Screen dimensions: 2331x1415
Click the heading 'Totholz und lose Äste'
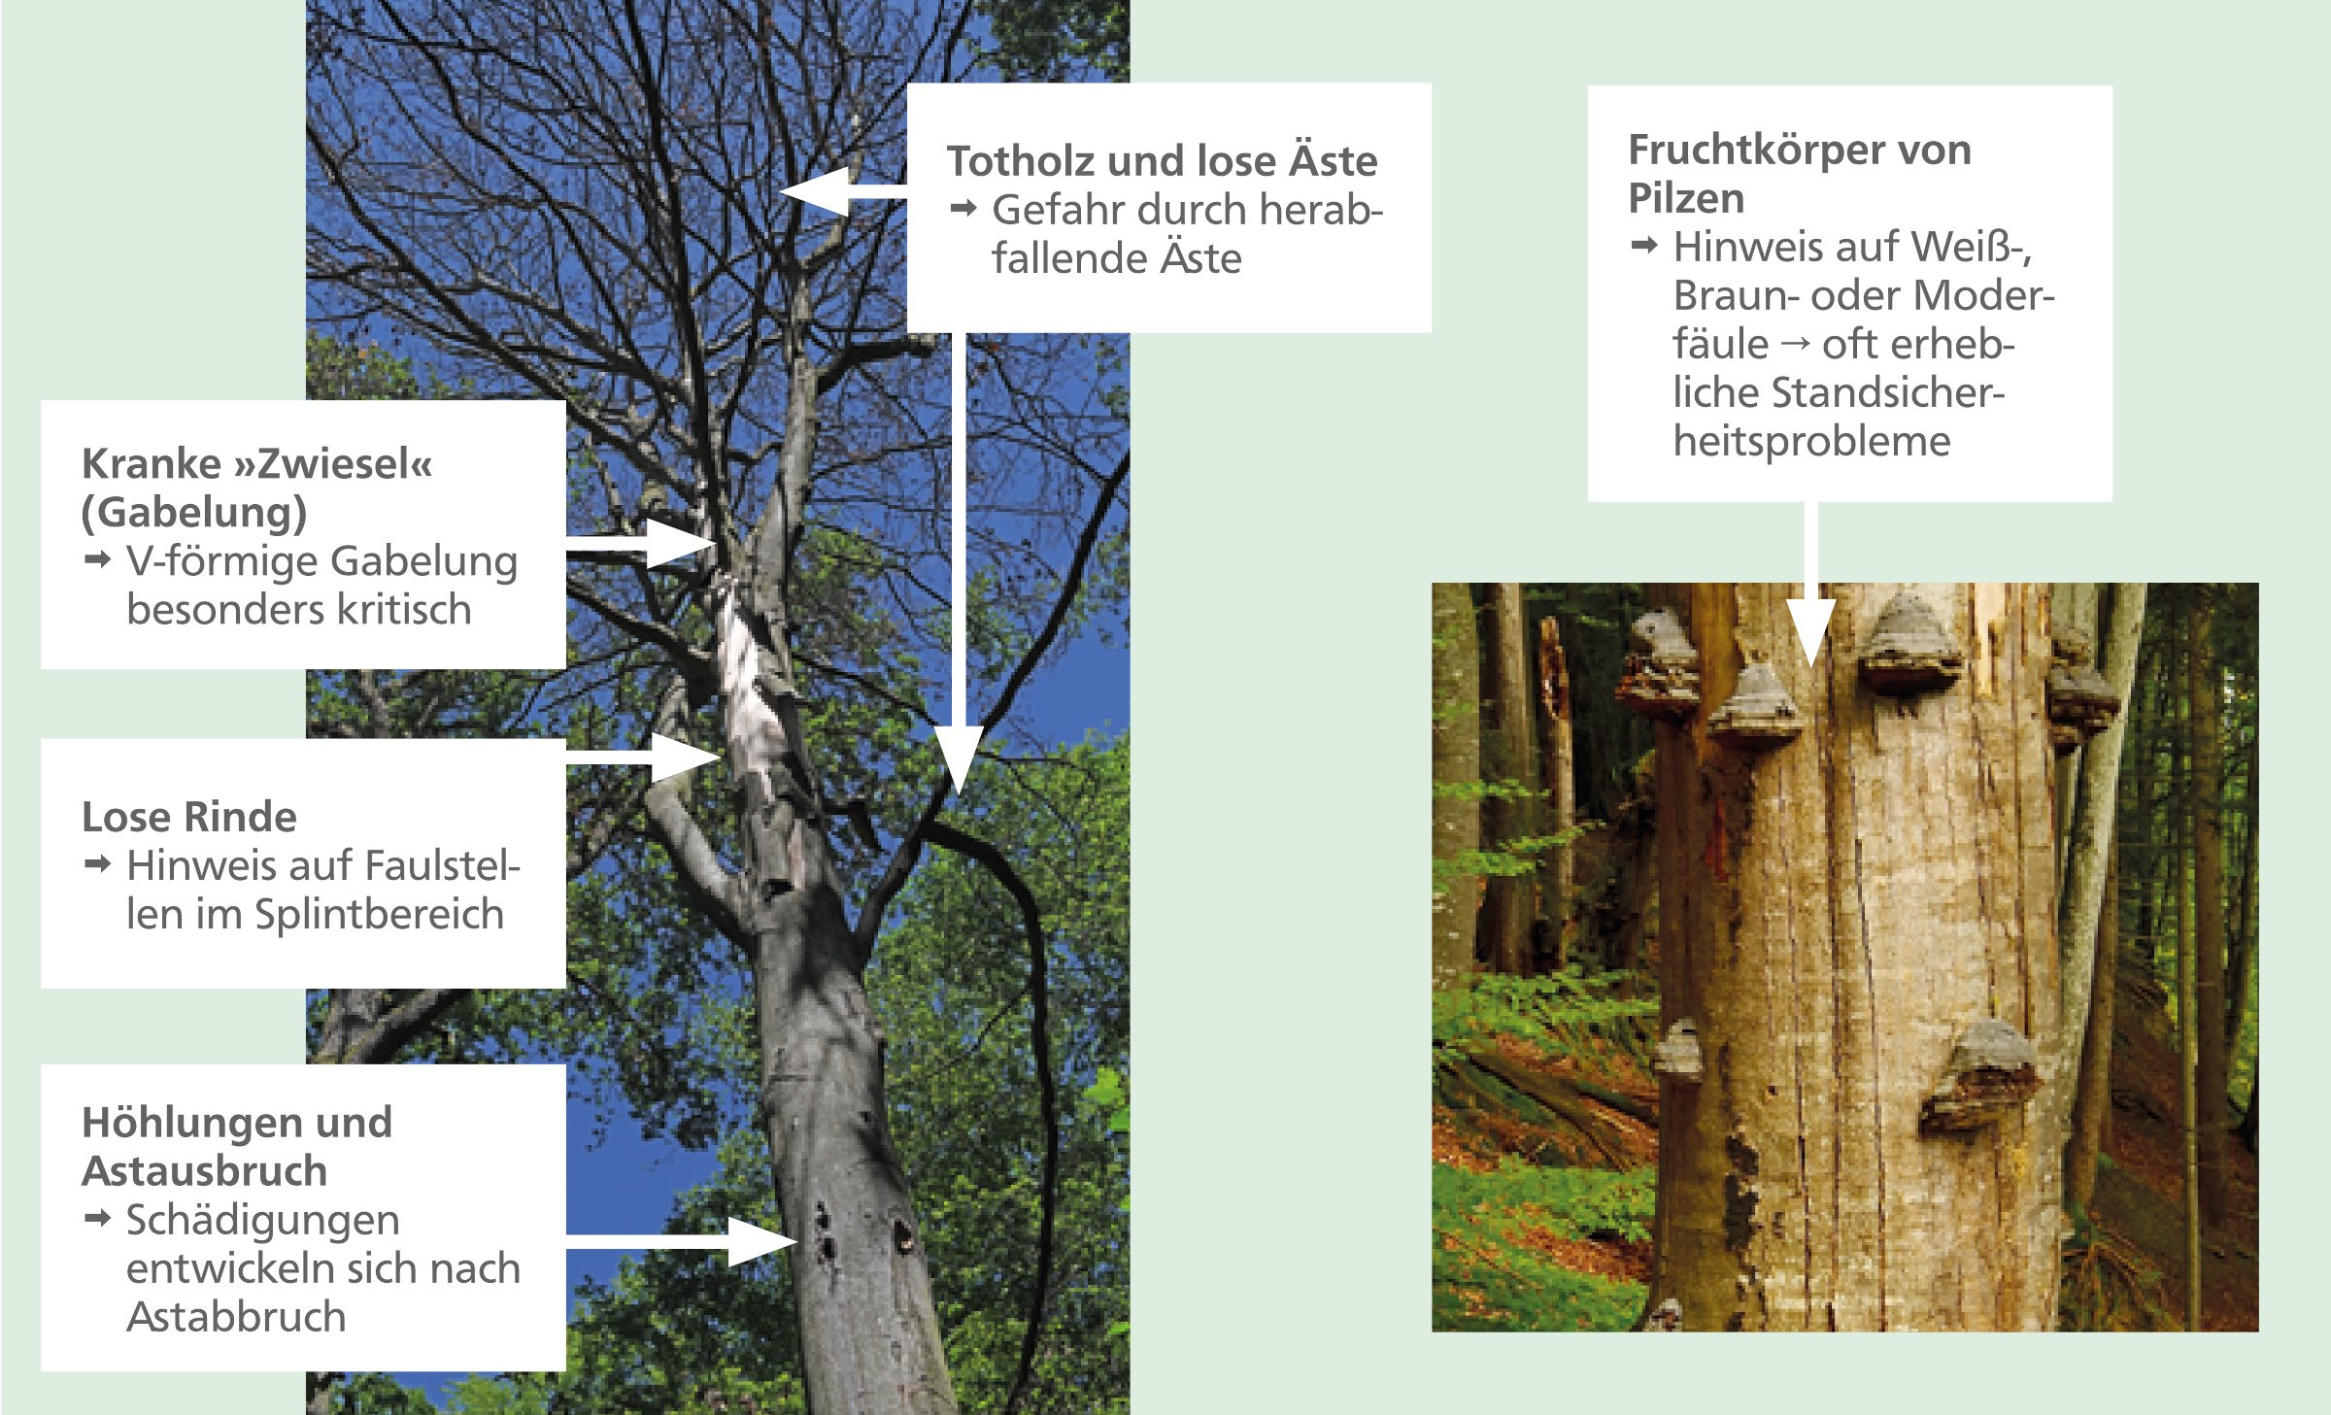point(1162,160)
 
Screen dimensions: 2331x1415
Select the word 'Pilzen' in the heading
point(1686,199)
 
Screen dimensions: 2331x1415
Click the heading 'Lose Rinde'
point(189,817)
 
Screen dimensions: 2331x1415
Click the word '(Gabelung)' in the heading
point(194,513)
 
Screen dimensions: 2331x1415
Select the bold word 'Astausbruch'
point(205,1171)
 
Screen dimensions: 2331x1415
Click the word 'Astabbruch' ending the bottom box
point(236,1317)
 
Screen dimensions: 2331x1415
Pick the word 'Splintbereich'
point(380,915)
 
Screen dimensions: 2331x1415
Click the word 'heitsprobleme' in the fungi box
point(1811,443)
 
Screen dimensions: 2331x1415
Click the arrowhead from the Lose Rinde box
point(686,757)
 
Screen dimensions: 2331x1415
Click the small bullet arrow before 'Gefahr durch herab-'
point(963,208)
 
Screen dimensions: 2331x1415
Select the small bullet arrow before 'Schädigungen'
point(98,1218)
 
